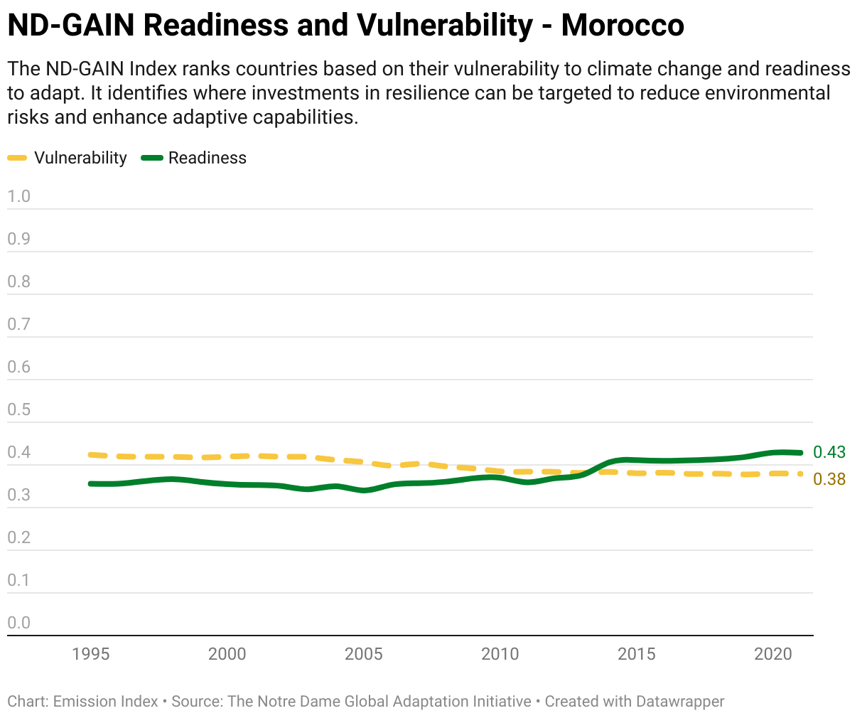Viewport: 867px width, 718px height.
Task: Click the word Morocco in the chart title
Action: pyautogui.click(x=623, y=26)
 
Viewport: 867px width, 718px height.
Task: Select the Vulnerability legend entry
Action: pyautogui.click(x=80, y=158)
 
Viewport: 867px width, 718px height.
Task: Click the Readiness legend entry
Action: pyautogui.click(x=207, y=158)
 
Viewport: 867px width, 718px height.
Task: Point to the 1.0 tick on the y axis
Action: pyautogui.click(x=19, y=196)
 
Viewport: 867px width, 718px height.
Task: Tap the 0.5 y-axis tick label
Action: pyautogui.click(x=19, y=409)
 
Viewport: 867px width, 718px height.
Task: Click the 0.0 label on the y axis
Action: pyautogui.click(x=19, y=623)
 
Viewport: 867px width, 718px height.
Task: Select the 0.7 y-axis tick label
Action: pyautogui.click(x=19, y=324)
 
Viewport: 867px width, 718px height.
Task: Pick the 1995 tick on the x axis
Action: pyautogui.click(x=91, y=654)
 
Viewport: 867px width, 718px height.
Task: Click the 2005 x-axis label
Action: pyautogui.click(x=363, y=654)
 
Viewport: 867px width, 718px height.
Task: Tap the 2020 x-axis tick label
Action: pyautogui.click(x=772, y=654)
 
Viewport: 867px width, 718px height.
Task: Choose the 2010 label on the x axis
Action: pyautogui.click(x=500, y=654)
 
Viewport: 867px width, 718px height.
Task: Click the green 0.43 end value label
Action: pyautogui.click(x=829, y=452)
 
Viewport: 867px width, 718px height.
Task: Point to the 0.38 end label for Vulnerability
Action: pyautogui.click(x=829, y=479)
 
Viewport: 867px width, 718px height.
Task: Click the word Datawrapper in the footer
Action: pyautogui.click(x=680, y=702)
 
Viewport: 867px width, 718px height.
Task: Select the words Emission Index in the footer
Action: pyautogui.click(x=106, y=702)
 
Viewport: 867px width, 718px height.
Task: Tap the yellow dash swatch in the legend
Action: pyautogui.click(x=18, y=158)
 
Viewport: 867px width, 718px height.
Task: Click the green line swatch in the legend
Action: pyautogui.click(x=152, y=158)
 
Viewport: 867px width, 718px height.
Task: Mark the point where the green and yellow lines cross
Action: pyautogui.click(x=590, y=471)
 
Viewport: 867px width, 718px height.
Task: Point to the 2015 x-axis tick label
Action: pyautogui.click(x=636, y=654)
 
